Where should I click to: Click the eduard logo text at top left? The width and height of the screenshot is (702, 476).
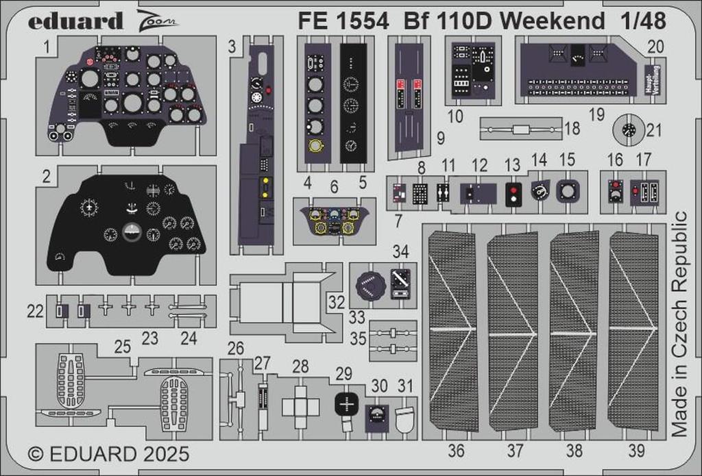(75, 21)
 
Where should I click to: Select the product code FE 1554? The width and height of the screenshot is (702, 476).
(343, 21)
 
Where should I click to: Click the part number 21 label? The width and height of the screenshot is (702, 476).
(655, 131)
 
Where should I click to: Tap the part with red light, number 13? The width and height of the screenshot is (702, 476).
(512, 193)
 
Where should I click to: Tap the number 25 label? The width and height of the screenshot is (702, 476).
(123, 347)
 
